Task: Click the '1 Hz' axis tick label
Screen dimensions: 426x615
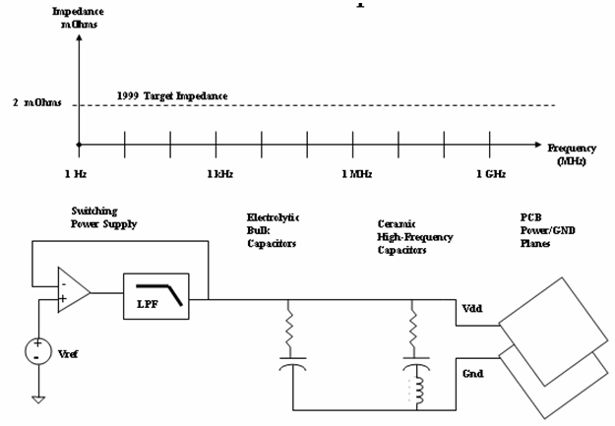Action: pyautogui.click(x=79, y=174)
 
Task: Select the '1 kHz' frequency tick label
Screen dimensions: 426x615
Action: pyautogui.click(x=218, y=174)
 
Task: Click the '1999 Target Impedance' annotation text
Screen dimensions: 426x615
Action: pyautogui.click(x=172, y=95)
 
